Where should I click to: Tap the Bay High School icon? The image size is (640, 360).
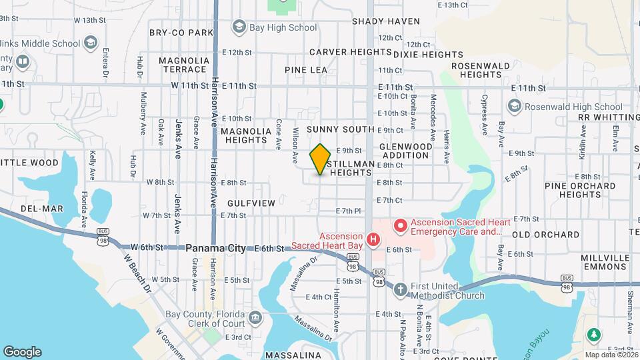click(x=239, y=27)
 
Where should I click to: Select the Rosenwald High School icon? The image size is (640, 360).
click(x=514, y=107)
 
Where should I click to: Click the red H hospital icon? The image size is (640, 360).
click(x=374, y=239)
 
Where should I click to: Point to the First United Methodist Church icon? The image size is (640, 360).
click(x=400, y=289)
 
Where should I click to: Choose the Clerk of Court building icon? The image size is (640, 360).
click(x=255, y=317)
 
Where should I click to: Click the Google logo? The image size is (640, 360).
click(x=22, y=352)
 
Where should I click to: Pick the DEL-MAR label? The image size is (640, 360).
click(x=41, y=209)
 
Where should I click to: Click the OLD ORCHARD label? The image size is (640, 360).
click(x=545, y=235)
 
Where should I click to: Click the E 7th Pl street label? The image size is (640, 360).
click(x=349, y=211)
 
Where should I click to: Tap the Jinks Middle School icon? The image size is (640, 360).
click(x=90, y=43)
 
